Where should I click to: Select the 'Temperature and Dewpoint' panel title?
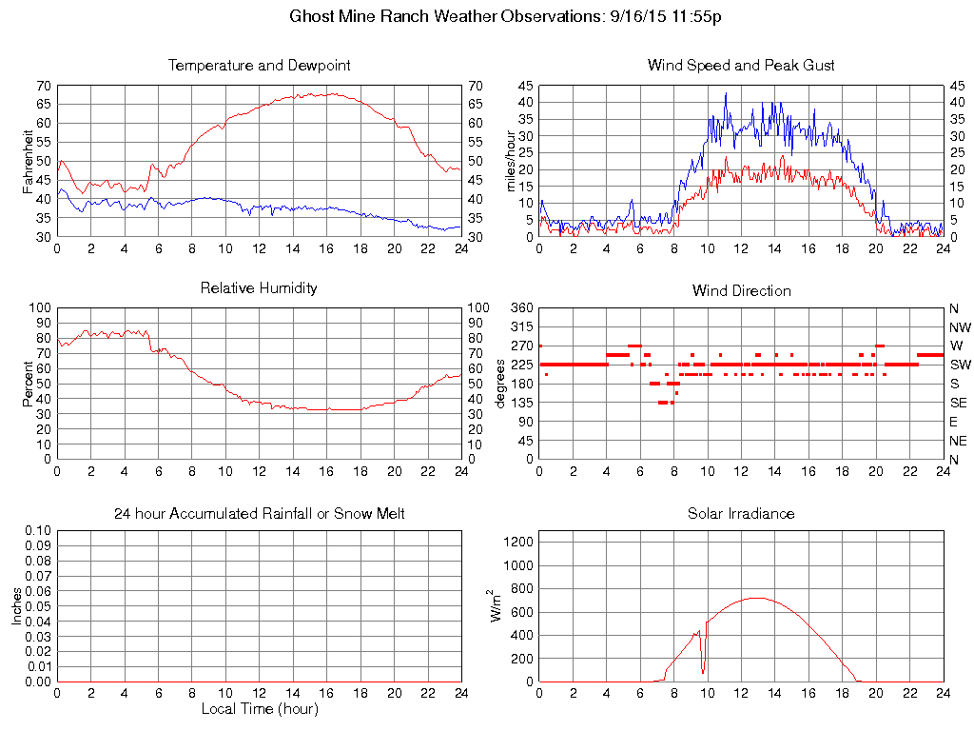(x=259, y=66)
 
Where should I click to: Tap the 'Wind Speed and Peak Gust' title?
(x=741, y=66)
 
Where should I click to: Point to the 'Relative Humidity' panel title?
(x=259, y=287)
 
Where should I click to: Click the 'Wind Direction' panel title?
(x=741, y=290)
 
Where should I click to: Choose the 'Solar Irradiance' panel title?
(x=741, y=514)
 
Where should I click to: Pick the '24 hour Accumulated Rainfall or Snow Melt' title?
(x=259, y=514)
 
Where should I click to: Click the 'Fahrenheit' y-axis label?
(x=29, y=161)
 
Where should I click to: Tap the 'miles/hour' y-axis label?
(x=511, y=161)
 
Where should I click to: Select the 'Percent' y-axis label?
(x=29, y=384)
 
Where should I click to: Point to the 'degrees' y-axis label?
(x=501, y=384)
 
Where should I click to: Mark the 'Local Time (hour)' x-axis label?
(x=259, y=709)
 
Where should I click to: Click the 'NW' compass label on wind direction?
(x=960, y=327)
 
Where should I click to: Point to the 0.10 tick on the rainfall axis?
(x=37, y=530)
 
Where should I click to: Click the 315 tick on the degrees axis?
(x=521, y=327)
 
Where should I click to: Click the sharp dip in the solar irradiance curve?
(x=703, y=672)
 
